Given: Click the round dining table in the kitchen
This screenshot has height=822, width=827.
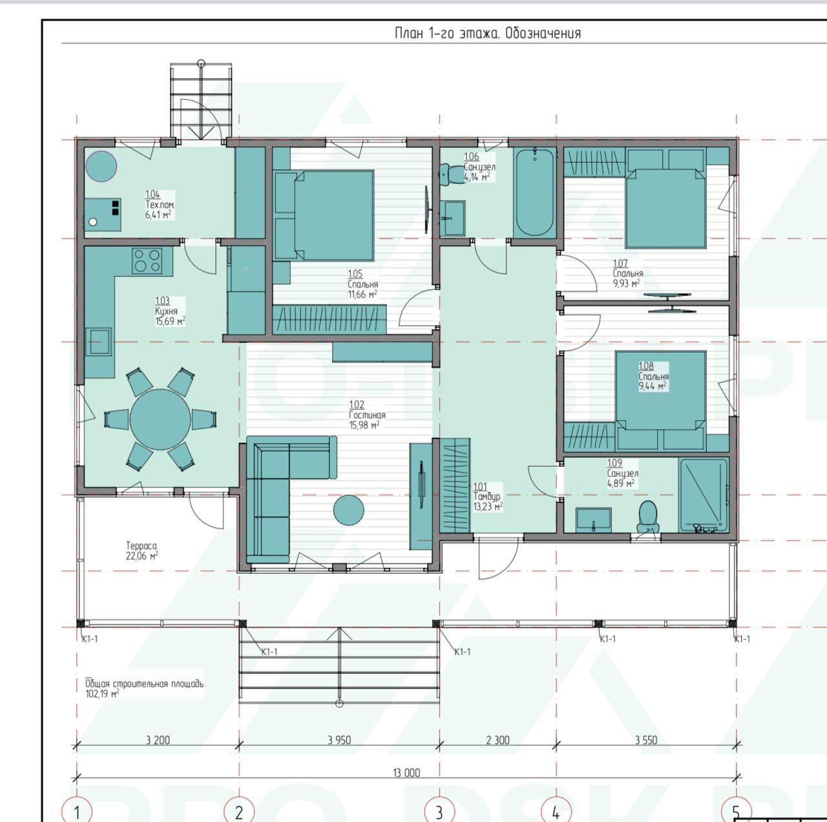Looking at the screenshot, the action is tap(160, 419).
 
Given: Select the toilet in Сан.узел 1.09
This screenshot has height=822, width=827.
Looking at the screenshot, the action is tap(647, 516).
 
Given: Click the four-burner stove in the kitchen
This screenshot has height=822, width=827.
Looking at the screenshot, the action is tap(147, 260).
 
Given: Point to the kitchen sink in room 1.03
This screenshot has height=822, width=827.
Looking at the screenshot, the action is tap(99, 341).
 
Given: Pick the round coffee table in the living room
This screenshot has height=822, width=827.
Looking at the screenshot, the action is tap(348, 510).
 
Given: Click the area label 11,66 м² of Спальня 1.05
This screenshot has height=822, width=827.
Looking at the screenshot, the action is tap(362, 294).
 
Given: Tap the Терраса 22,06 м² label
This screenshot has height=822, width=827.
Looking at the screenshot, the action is tap(141, 551).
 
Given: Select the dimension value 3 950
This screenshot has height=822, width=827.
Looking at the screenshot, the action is tap(339, 740).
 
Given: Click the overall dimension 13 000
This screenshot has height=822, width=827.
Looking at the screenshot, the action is tap(406, 773).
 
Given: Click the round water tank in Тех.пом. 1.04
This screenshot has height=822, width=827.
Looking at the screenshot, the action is tap(101, 166).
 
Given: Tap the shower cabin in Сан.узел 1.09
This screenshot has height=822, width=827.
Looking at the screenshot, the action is tap(704, 495).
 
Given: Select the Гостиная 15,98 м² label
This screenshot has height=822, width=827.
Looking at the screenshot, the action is tap(367, 415).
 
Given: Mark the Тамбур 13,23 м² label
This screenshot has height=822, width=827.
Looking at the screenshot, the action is tap(488, 497).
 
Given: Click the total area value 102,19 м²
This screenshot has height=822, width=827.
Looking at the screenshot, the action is tap(102, 693).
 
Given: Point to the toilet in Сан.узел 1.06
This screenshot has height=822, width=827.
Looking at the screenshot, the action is tap(447, 174).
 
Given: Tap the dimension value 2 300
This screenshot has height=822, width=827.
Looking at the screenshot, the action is tap(498, 740).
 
